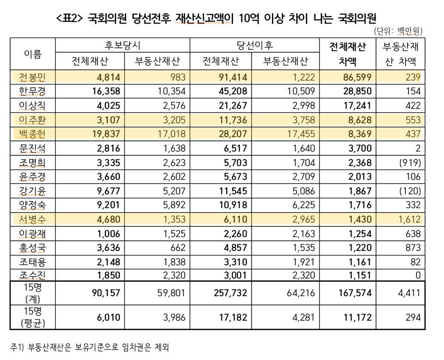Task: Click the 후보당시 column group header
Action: tap(122, 46)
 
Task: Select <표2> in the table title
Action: tap(69, 18)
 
